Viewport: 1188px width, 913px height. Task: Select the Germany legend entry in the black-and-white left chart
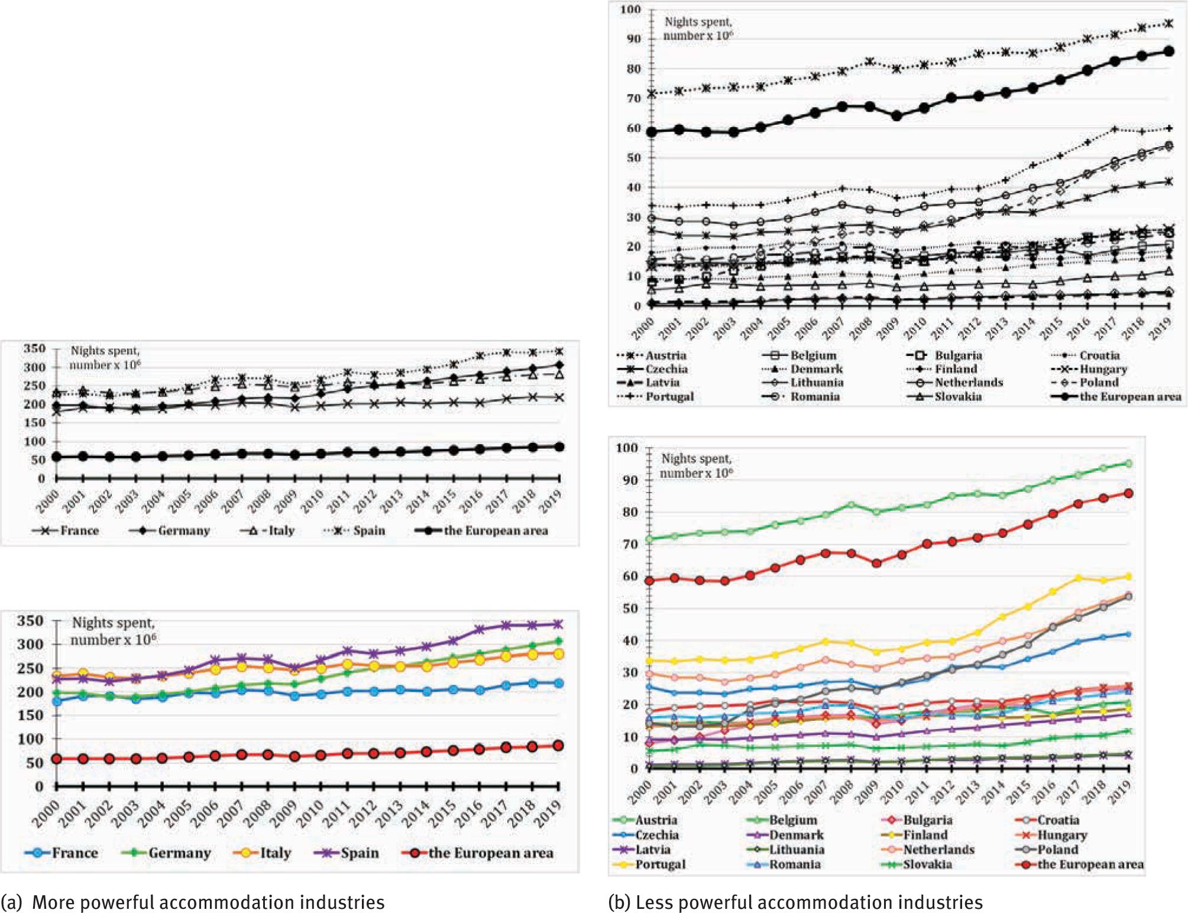(x=171, y=530)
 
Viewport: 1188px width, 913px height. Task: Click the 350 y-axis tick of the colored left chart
(x=30, y=621)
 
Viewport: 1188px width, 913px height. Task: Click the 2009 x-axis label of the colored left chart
(x=286, y=814)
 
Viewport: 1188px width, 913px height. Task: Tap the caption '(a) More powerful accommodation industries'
(x=193, y=902)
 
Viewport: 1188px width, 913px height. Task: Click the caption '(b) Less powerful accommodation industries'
(x=795, y=902)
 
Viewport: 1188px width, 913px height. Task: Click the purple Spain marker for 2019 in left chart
(x=558, y=624)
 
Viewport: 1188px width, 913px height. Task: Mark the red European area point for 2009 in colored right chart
(x=876, y=563)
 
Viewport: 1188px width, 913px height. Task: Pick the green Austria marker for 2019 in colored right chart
(x=1128, y=464)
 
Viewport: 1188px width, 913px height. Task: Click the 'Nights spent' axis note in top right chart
(x=698, y=28)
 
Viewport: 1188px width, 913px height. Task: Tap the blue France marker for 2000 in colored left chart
(x=57, y=701)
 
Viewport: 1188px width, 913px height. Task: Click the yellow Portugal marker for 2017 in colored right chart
(x=1077, y=578)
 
